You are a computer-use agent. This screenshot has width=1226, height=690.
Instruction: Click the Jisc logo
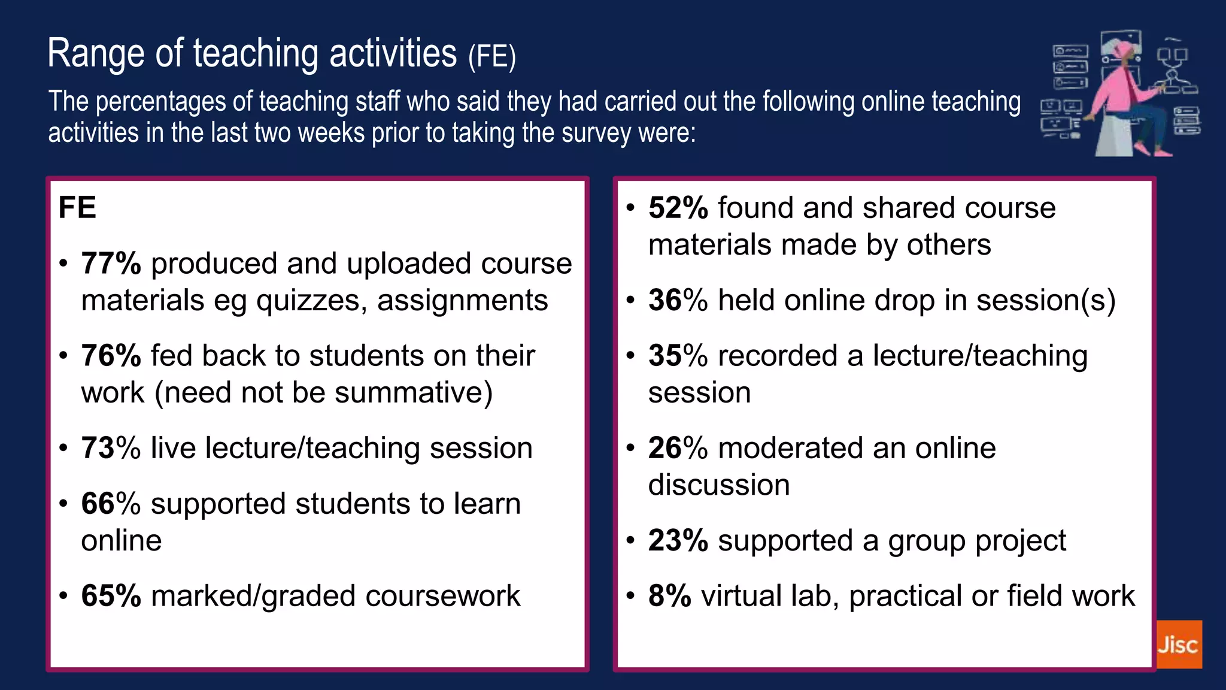tap(1178, 644)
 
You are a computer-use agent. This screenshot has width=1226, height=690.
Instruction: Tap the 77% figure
tap(111, 264)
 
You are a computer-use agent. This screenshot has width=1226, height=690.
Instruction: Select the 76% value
tap(111, 356)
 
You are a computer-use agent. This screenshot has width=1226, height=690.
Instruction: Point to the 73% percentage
tap(111, 448)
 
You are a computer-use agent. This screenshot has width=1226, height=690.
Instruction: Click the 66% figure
tap(111, 504)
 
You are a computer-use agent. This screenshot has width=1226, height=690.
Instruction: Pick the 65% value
tap(111, 596)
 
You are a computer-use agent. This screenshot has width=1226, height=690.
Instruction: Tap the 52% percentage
tap(678, 208)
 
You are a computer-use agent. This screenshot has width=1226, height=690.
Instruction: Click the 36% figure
tap(678, 300)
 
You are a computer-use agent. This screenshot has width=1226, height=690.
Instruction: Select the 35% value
tap(678, 356)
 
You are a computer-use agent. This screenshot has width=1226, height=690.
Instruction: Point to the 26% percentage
tap(678, 448)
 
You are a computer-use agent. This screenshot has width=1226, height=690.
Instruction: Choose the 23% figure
tap(678, 540)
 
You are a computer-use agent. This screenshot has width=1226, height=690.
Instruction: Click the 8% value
tap(669, 596)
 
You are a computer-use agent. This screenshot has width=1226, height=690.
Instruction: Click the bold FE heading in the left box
tap(77, 208)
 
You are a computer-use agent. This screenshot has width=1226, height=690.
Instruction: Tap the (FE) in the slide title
tap(491, 57)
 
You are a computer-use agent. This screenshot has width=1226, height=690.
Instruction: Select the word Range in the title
tap(96, 54)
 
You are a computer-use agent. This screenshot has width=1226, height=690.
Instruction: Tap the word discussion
tap(719, 485)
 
